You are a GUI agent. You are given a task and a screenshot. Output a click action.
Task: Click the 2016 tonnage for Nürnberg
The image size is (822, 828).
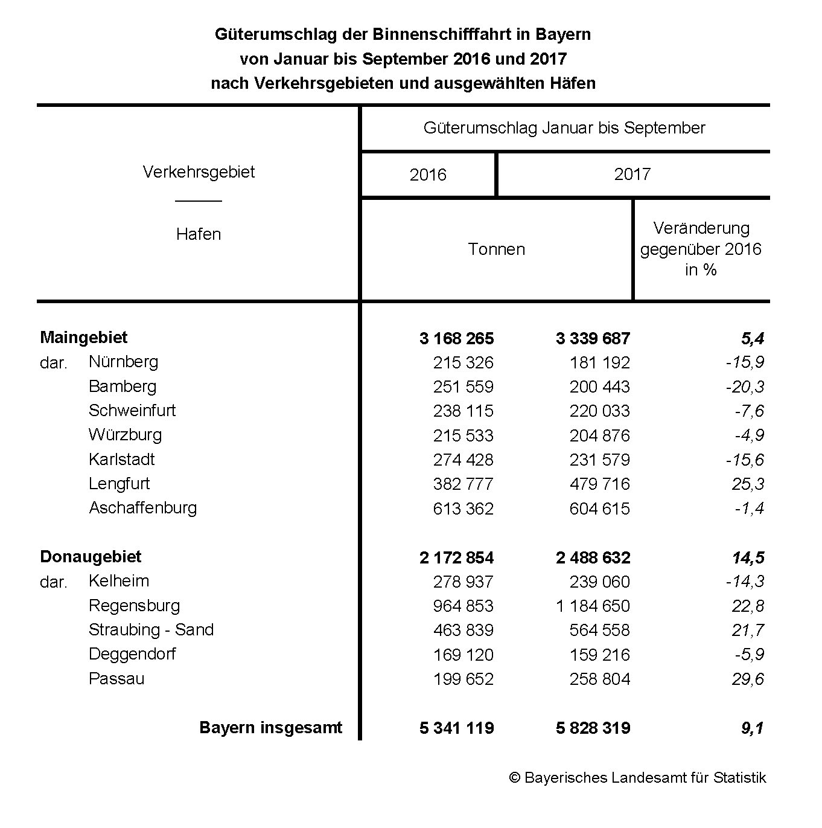pyautogui.click(x=463, y=362)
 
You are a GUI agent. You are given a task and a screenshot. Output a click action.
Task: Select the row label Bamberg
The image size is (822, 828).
pyautogui.click(x=123, y=387)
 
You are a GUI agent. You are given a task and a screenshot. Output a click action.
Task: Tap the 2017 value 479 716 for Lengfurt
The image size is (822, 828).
pyautogui.click(x=599, y=484)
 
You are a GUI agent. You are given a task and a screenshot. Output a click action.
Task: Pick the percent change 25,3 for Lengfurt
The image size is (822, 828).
pyautogui.click(x=748, y=484)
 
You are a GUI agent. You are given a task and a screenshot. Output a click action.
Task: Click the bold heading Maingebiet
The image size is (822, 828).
pyautogui.click(x=84, y=338)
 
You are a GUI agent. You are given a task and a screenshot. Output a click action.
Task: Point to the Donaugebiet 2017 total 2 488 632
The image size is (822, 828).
pyautogui.click(x=593, y=557)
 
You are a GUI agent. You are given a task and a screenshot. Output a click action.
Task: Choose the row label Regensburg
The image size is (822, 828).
pyautogui.click(x=134, y=606)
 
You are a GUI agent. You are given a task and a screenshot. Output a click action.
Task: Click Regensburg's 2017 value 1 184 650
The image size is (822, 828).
pyautogui.click(x=593, y=606)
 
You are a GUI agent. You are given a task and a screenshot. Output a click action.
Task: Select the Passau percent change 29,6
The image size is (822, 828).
pyautogui.click(x=748, y=679)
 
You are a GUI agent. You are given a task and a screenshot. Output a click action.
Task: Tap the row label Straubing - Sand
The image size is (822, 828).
pyautogui.click(x=151, y=630)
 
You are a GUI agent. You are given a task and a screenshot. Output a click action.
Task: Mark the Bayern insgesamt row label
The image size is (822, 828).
pyautogui.click(x=270, y=728)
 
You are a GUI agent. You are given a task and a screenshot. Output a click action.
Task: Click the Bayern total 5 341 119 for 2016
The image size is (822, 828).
pyautogui.click(x=456, y=728)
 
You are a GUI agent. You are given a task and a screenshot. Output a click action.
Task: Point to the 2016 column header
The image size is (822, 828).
pyautogui.click(x=428, y=175)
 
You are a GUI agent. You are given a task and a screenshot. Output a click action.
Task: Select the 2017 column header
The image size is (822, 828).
pyautogui.click(x=632, y=175)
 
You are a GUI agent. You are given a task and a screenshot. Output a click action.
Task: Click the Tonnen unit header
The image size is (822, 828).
pyautogui.click(x=496, y=249)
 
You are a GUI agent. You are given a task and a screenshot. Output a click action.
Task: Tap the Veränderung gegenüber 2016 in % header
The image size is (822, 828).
pyautogui.click(x=701, y=249)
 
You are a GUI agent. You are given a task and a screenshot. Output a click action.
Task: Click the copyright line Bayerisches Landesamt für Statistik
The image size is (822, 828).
pyautogui.click(x=637, y=778)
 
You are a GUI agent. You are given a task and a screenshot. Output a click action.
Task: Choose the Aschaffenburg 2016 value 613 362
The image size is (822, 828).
pyautogui.click(x=463, y=509)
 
